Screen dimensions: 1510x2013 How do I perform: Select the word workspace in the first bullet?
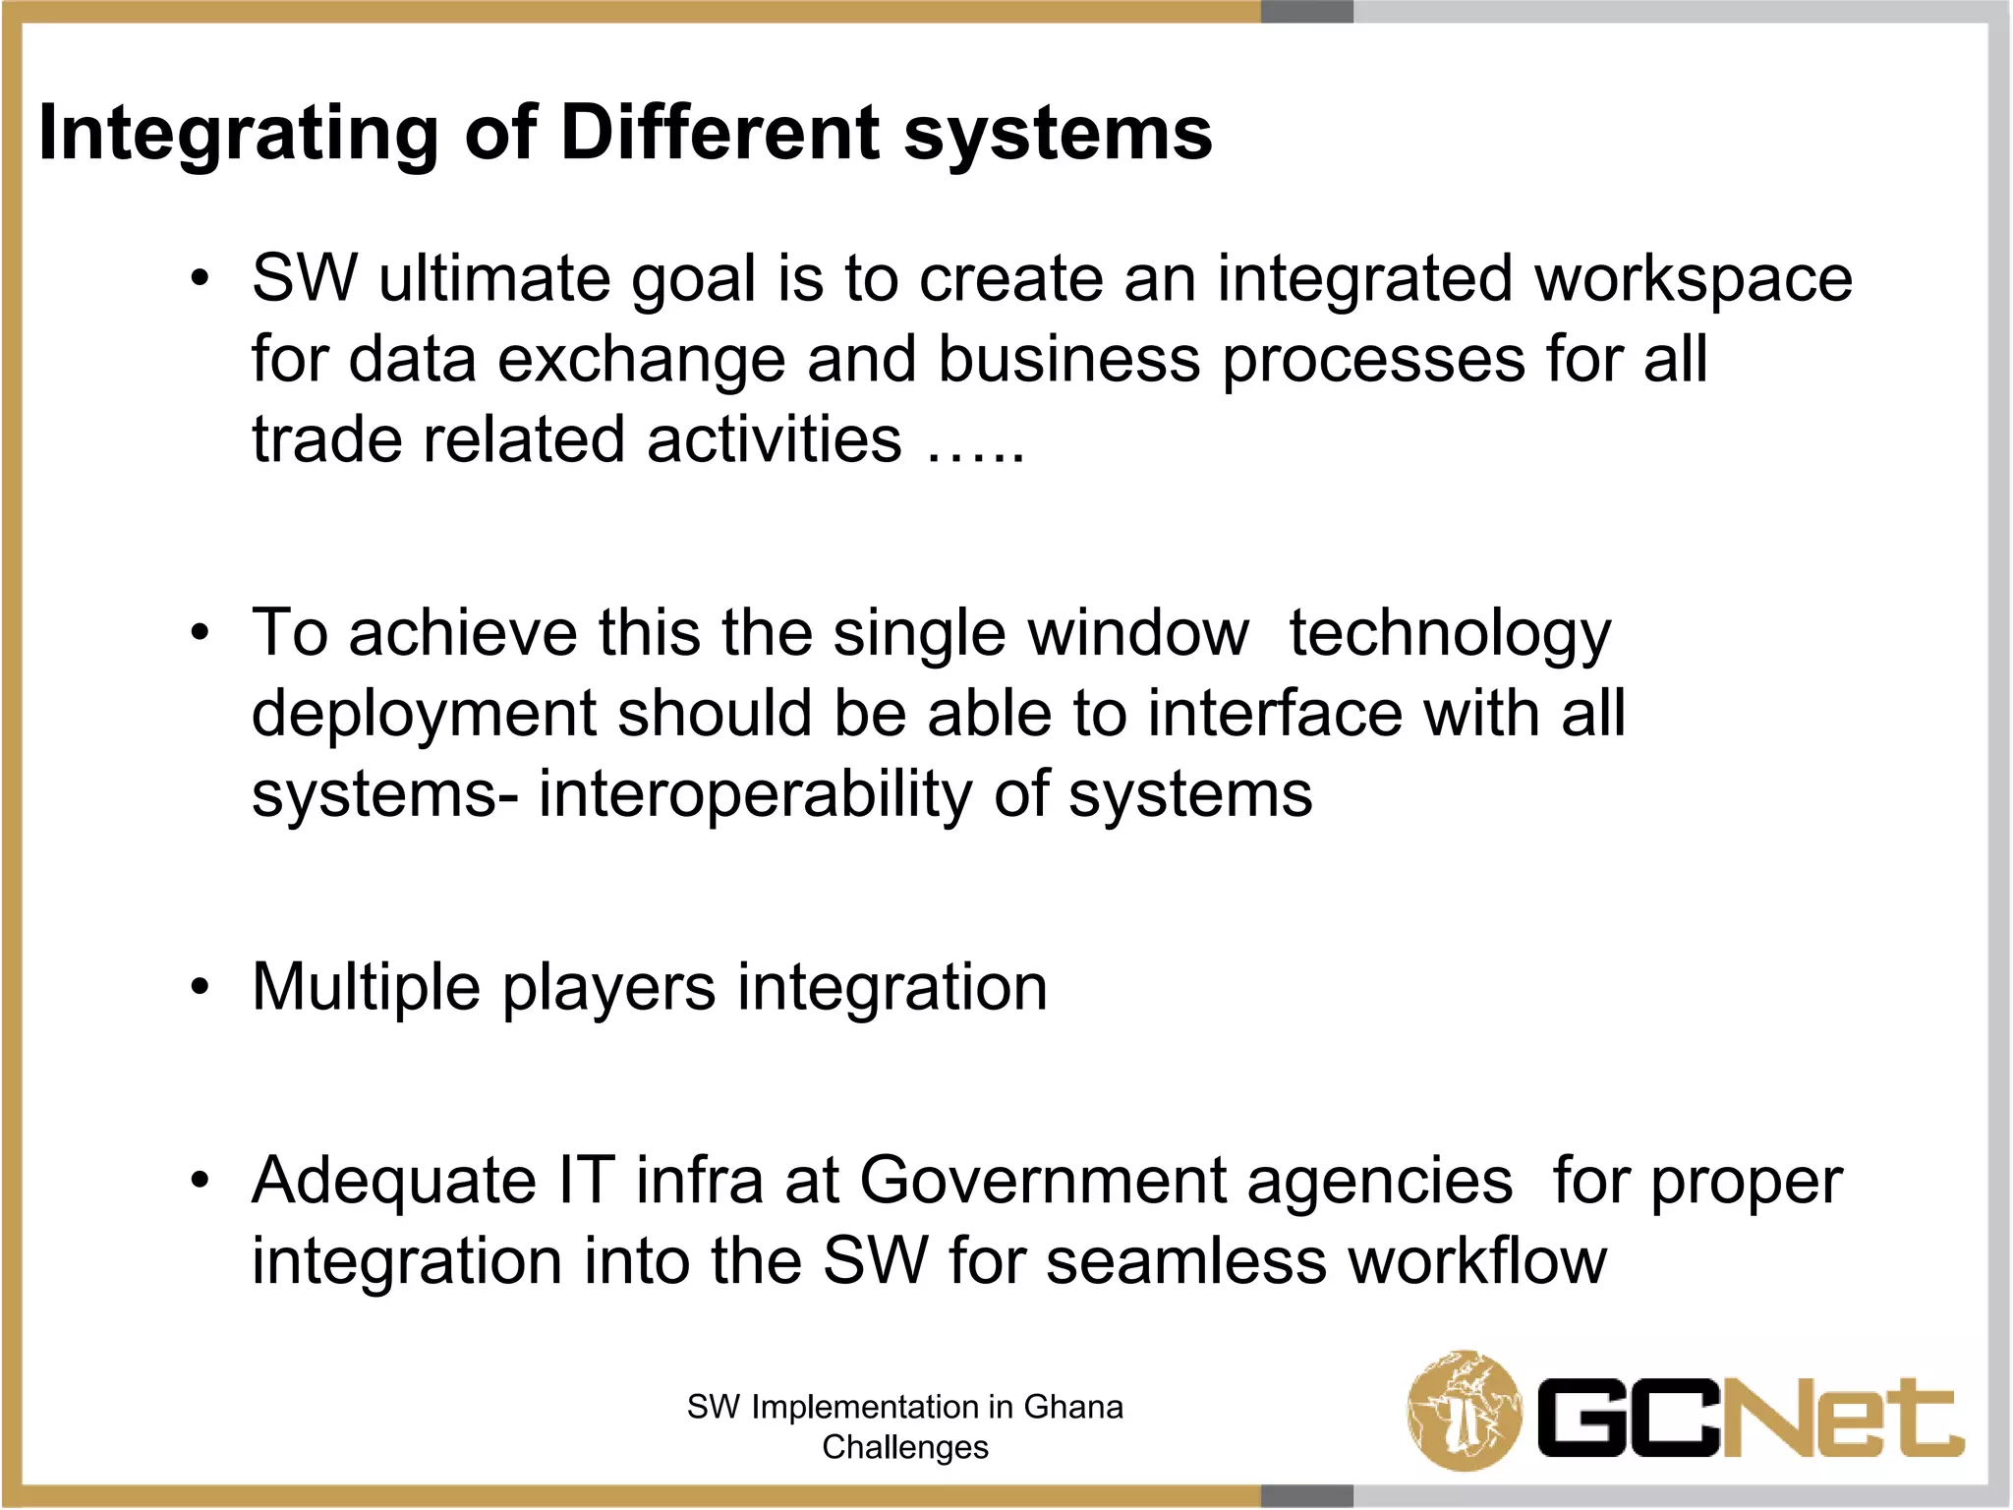coord(1693,280)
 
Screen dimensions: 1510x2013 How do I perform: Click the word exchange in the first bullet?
coord(641,360)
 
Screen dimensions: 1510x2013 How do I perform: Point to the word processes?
coord(1373,360)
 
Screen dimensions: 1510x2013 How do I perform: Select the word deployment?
coord(424,715)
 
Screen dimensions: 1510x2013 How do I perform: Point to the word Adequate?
coord(394,1182)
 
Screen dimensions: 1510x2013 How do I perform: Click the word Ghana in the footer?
coord(1073,1407)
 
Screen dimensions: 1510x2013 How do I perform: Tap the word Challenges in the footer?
coord(905,1447)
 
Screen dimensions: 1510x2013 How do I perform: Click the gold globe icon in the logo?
coord(1465,1410)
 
